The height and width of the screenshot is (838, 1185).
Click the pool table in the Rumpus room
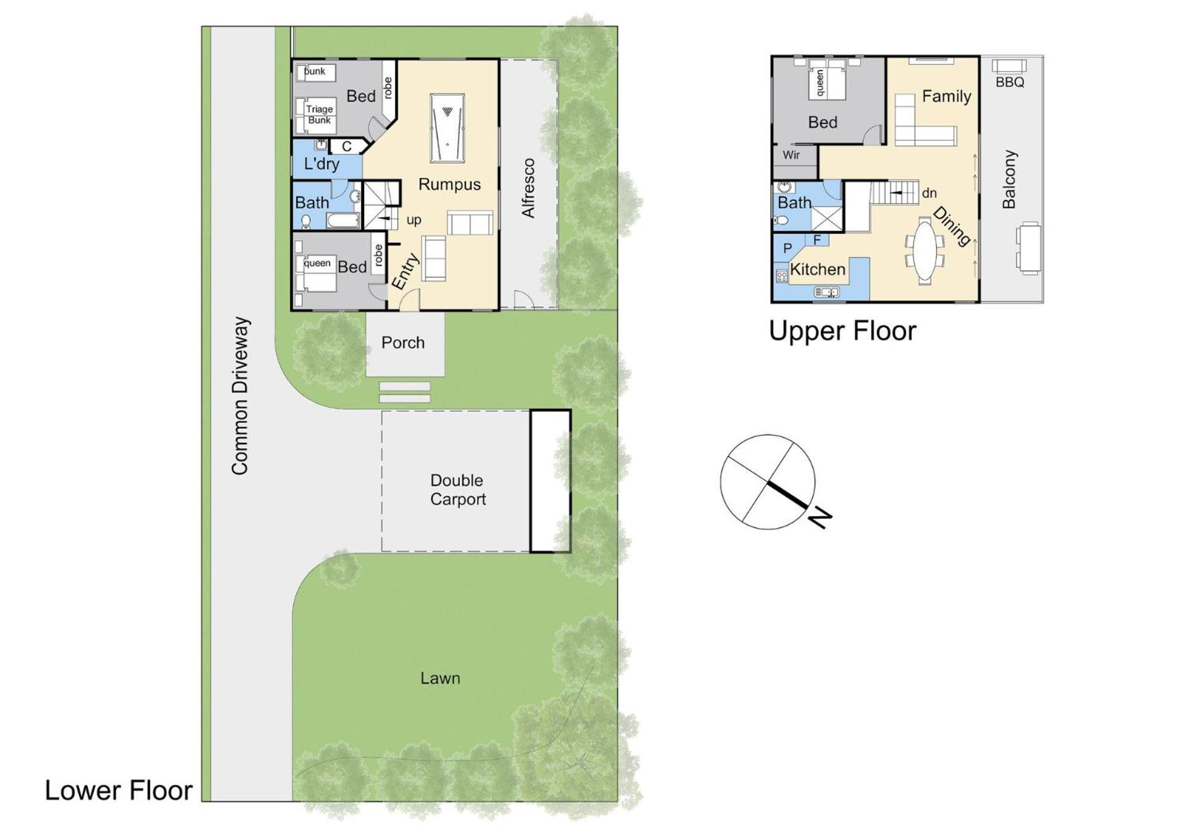447,128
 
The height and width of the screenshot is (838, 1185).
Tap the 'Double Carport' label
457,490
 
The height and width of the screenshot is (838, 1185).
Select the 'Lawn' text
440,678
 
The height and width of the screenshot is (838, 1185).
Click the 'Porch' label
403,343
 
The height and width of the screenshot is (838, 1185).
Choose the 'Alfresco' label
528,188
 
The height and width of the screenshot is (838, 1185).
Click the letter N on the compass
820,517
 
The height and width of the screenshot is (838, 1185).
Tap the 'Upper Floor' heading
842,331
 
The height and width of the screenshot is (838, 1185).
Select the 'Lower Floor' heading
118,790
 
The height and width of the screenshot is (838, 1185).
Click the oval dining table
924,251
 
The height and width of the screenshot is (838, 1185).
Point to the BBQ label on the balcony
1010,82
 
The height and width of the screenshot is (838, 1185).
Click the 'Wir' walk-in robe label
791,155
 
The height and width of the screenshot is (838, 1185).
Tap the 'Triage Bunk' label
319,115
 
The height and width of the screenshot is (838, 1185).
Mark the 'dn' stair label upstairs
929,193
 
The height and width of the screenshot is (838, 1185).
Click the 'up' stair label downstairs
414,220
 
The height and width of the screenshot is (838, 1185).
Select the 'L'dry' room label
322,164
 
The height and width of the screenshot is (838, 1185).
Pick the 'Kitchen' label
818,269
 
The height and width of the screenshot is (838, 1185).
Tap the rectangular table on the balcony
1028,248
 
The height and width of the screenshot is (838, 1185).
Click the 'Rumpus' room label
449,184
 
